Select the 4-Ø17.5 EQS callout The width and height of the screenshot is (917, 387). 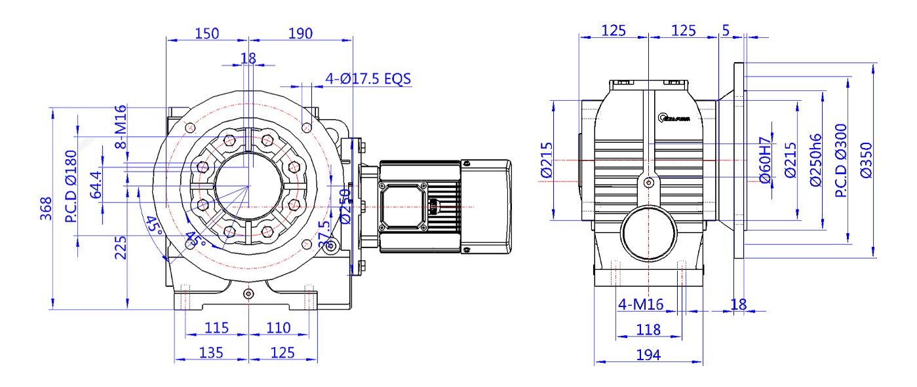click(368, 79)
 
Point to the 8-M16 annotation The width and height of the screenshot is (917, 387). click(121, 127)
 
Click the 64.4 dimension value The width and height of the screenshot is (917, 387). click(96, 185)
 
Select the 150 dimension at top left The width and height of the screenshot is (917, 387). click(206, 33)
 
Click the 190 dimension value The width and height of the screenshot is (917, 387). click(300, 33)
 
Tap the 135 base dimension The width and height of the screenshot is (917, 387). click(211, 353)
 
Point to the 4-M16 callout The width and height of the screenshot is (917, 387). click(641, 304)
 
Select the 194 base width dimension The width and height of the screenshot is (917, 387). click(648, 355)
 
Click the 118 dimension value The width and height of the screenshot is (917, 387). click(648, 330)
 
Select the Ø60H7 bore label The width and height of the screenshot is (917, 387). click(764, 160)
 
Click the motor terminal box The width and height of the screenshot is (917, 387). click(402, 206)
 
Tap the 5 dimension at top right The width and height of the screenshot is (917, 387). click(726, 29)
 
